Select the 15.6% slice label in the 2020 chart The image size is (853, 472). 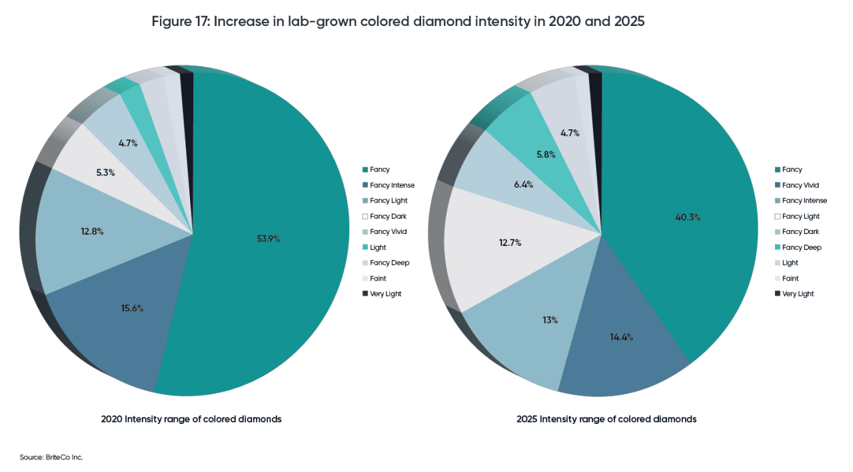(x=131, y=308)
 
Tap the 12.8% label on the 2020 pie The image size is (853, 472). (x=92, y=231)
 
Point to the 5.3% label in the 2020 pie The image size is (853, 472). (x=105, y=172)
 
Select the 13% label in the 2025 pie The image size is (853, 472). (x=550, y=320)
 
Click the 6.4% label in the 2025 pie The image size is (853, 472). (x=523, y=185)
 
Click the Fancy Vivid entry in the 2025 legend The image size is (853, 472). (x=800, y=185)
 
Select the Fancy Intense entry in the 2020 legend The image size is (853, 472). (x=392, y=185)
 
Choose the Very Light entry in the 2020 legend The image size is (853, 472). (x=385, y=294)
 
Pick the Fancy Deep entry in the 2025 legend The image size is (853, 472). (x=802, y=247)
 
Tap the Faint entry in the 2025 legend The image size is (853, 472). (x=790, y=279)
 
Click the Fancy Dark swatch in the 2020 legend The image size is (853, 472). (x=365, y=217)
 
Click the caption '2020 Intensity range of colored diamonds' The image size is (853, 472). (x=191, y=419)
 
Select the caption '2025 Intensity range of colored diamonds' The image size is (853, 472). (x=606, y=419)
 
